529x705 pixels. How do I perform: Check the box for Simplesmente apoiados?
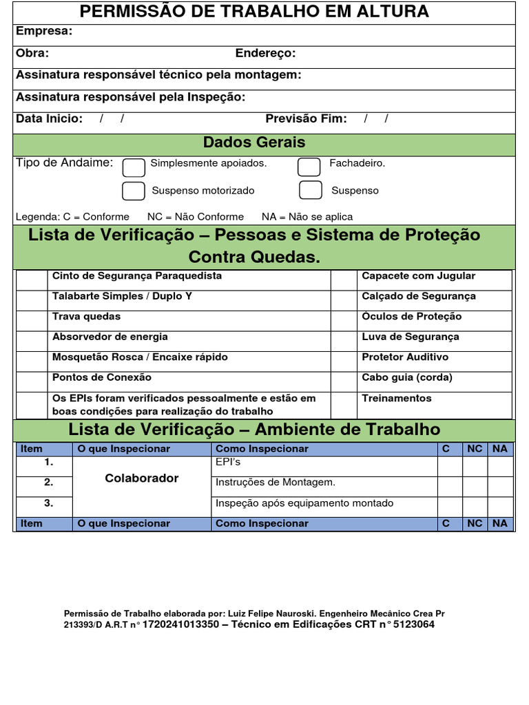tap(134, 167)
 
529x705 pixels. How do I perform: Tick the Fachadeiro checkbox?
tap(309, 167)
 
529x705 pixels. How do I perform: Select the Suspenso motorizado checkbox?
tap(134, 191)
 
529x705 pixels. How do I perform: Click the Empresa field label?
tap(44, 32)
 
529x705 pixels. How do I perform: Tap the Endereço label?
tap(265, 54)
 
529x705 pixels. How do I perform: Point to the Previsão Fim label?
tap(306, 119)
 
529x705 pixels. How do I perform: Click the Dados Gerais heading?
tap(254, 143)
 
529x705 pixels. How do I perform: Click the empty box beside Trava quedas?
tap(30, 320)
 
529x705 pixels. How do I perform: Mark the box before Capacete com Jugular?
tap(342, 280)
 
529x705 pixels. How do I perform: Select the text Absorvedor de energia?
tap(110, 337)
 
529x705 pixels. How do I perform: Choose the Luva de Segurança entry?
tap(411, 337)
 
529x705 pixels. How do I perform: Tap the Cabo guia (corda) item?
tap(407, 378)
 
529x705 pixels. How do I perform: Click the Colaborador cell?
tap(142, 478)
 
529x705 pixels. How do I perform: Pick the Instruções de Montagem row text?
tap(276, 483)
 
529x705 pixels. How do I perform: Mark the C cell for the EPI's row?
tap(449, 466)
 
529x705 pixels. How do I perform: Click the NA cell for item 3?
tap(500, 507)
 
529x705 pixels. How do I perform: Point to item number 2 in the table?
tap(48, 483)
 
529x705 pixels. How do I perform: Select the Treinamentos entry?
tap(397, 399)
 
